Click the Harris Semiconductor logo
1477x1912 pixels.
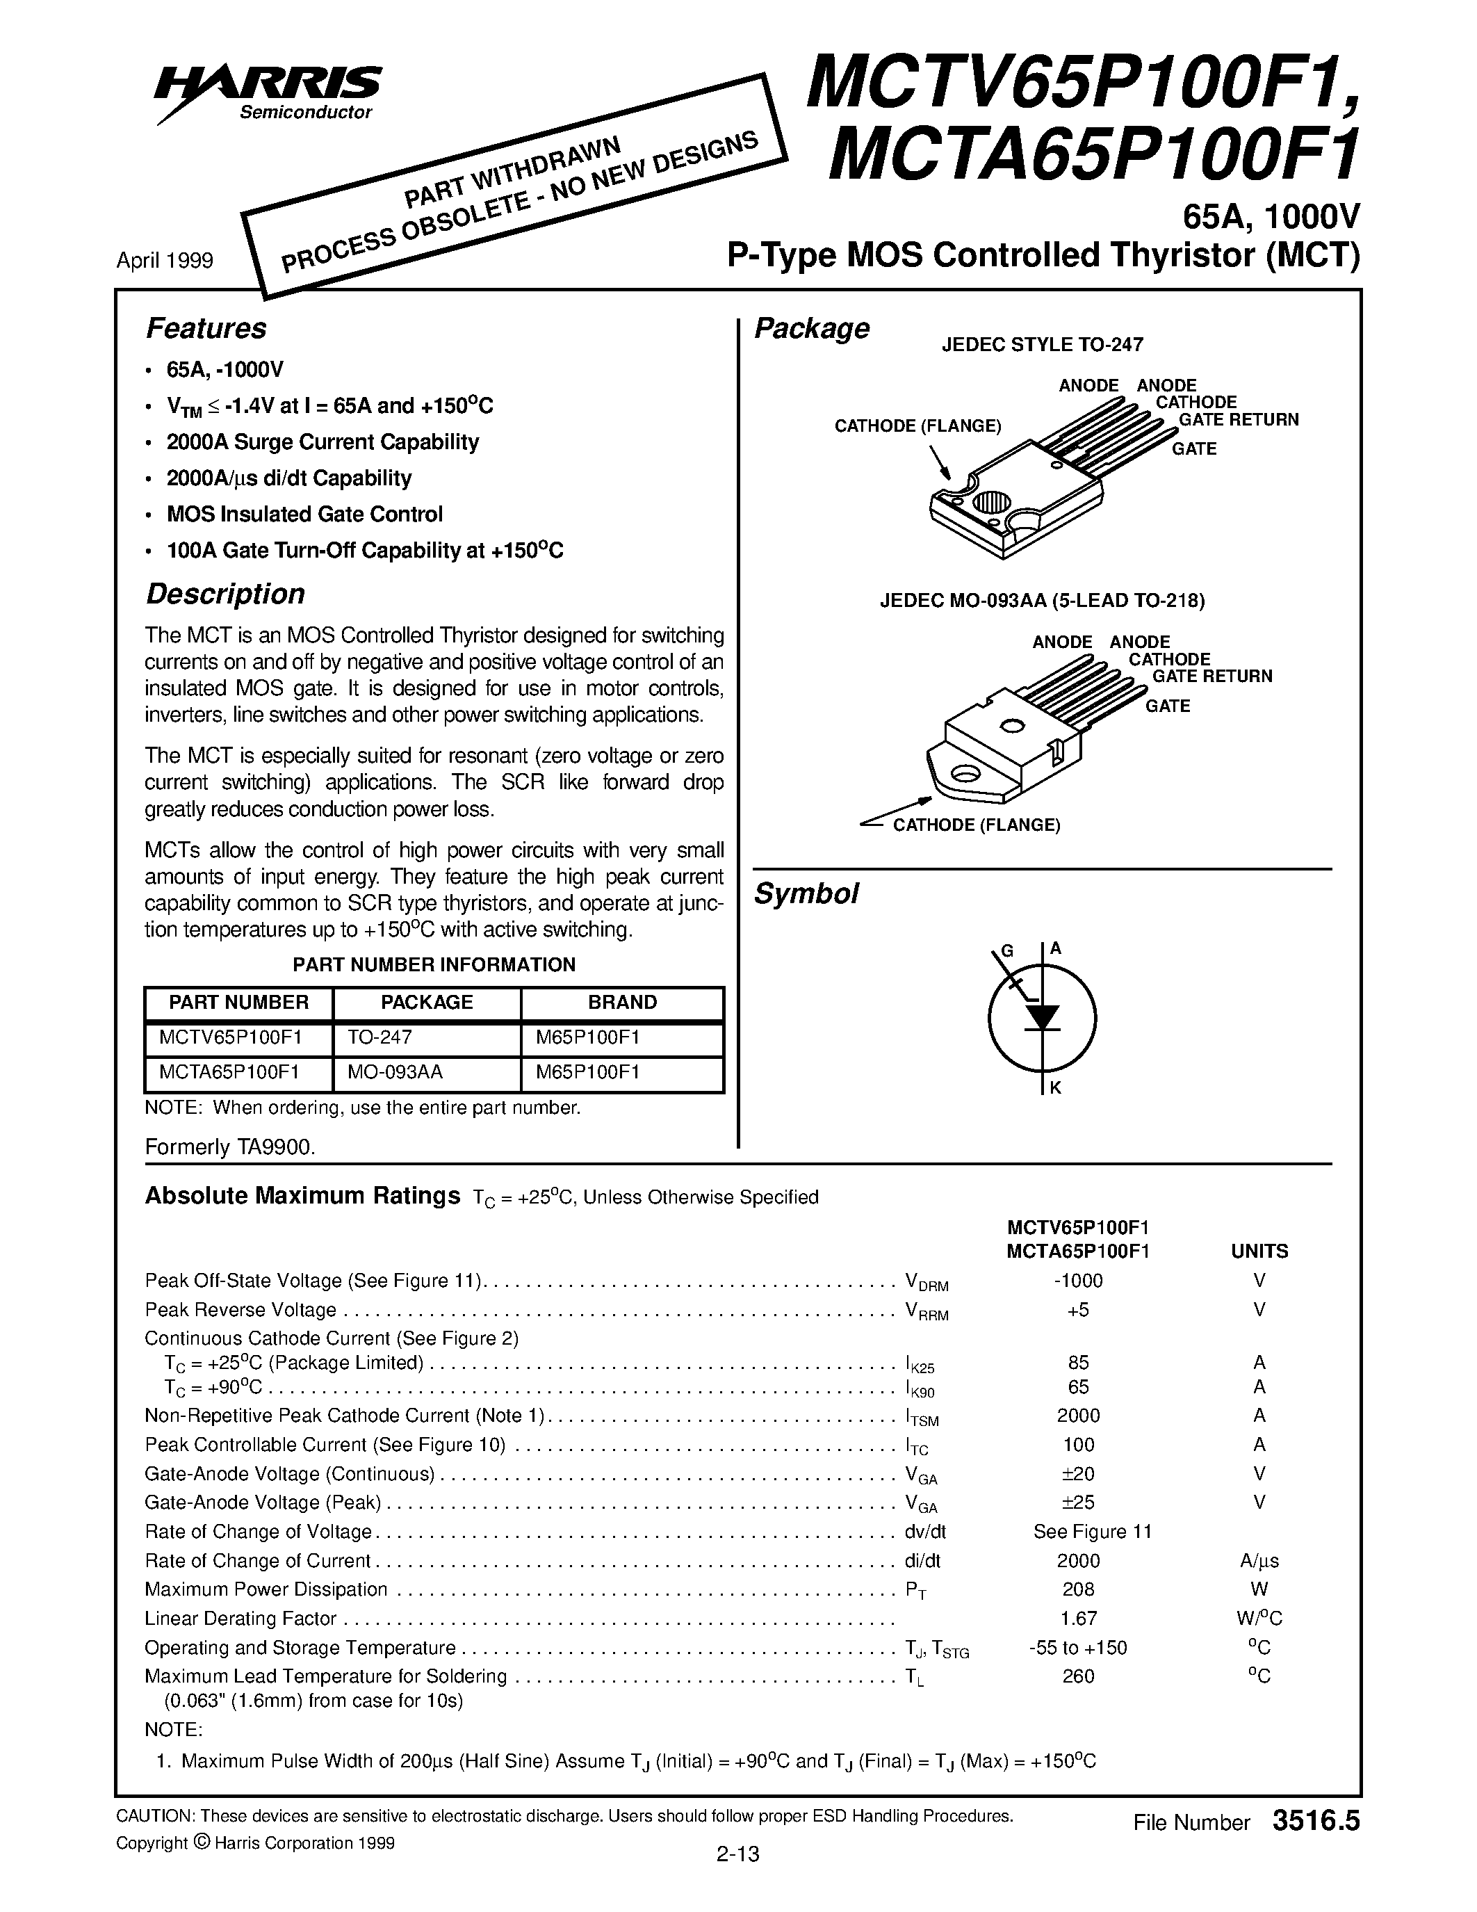tap(268, 91)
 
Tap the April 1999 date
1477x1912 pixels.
tap(165, 261)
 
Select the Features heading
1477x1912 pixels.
tap(206, 328)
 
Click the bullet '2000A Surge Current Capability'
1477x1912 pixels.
tap(323, 442)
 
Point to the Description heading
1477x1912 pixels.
tap(225, 594)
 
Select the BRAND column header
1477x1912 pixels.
tap(622, 1003)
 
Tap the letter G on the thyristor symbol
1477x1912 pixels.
tap(1006, 952)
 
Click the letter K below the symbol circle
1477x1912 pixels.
tap(1055, 1089)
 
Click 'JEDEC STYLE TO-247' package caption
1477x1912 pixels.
tap(1042, 345)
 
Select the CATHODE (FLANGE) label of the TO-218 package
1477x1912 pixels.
tap(976, 825)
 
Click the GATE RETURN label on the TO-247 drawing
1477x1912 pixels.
tap(1237, 420)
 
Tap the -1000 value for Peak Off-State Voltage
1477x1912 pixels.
tap(1078, 1281)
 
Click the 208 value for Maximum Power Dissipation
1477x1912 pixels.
tap(1078, 1589)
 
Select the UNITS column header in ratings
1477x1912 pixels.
tap(1259, 1251)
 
